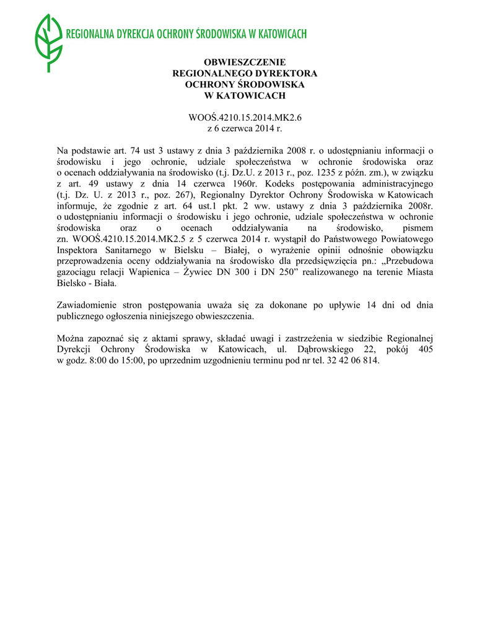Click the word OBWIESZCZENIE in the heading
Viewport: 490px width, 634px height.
(245, 63)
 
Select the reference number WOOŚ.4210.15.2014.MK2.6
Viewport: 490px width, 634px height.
(245, 117)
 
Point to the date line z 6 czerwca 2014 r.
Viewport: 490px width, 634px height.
(244, 128)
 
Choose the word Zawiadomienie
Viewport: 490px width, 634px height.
(88, 305)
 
